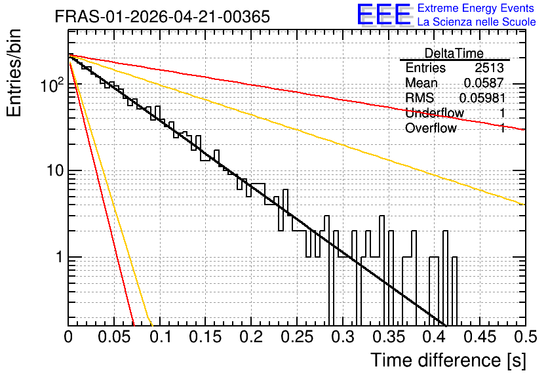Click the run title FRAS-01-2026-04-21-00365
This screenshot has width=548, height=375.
point(162,16)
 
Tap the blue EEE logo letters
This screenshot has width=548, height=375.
point(383,14)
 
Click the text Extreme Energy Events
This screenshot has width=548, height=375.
point(476,8)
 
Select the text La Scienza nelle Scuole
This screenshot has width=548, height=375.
point(477,22)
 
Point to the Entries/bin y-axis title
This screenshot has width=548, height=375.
point(14,73)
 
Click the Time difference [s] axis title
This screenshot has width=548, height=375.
point(448,361)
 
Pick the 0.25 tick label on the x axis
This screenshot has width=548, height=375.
point(298,337)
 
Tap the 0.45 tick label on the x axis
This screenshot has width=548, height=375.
point(480,337)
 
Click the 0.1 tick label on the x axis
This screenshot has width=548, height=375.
point(161,337)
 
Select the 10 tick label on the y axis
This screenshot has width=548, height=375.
point(56,170)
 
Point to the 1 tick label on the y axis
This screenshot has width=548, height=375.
point(60,257)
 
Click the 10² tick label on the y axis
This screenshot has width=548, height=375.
point(52,85)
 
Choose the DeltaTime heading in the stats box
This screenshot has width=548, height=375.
point(454,53)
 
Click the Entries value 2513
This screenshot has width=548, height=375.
point(489,68)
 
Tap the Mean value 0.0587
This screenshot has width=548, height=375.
point(484,83)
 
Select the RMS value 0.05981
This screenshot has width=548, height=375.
point(482,98)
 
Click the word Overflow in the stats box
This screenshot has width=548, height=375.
point(431,128)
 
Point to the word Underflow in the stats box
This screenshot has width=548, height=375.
point(435,113)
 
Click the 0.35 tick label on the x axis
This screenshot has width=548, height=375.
point(389,337)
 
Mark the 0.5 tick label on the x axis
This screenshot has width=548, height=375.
point(526,337)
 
